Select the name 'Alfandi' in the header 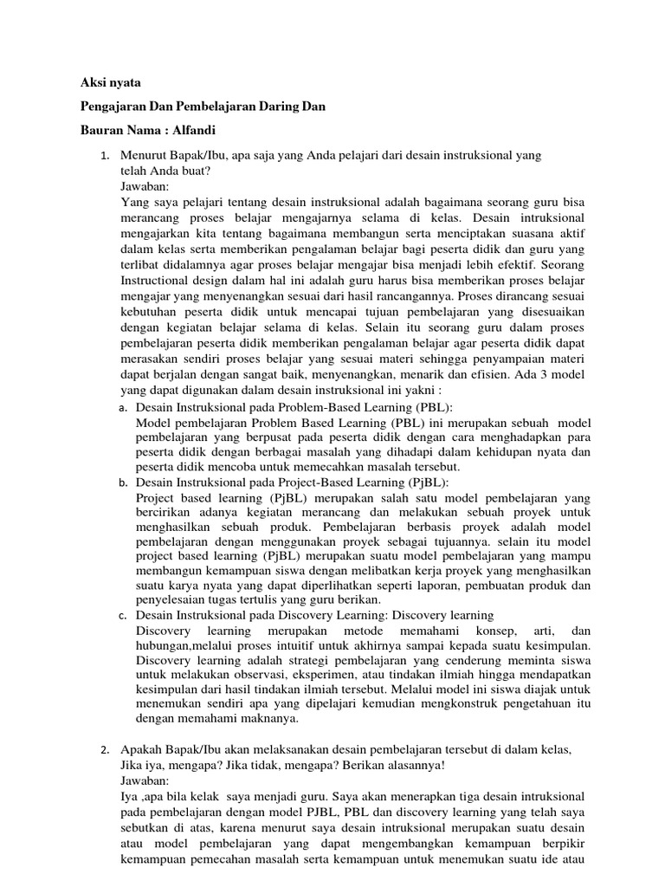[190, 130]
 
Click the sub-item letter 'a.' [123, 406]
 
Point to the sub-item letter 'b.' [123, 482]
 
